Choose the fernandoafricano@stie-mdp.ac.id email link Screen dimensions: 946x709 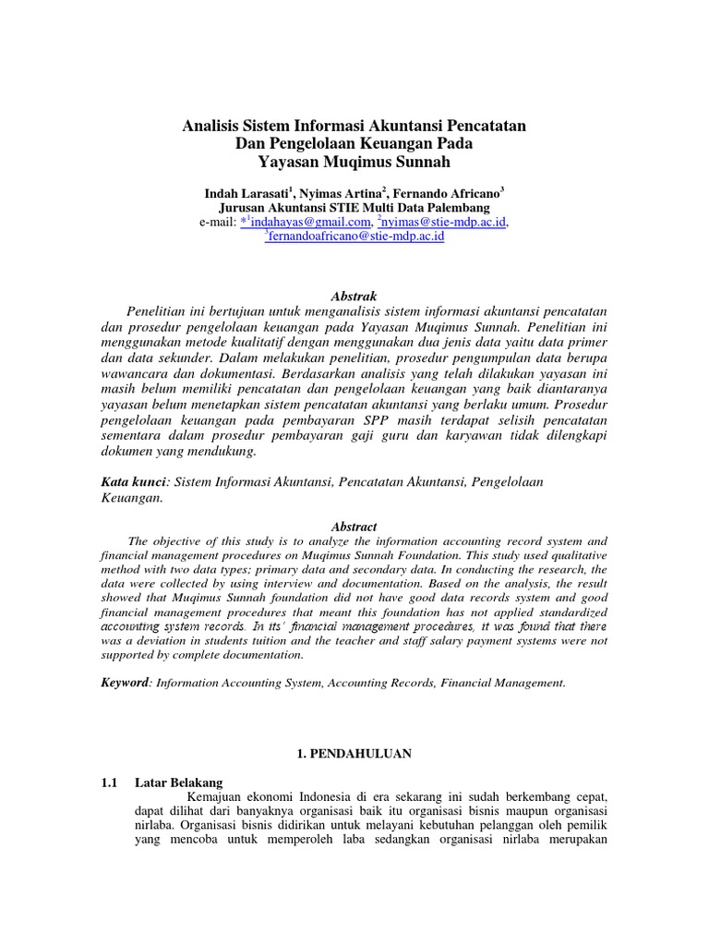[356, 236]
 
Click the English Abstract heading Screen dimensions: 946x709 [354, 527]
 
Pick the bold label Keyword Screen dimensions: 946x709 [124, 683]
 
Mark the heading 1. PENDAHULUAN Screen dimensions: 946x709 [354, 754]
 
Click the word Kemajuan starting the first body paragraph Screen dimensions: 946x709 [219, 797]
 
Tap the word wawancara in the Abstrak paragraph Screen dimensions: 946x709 [134, 388]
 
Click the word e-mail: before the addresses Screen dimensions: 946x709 [217, 223]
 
